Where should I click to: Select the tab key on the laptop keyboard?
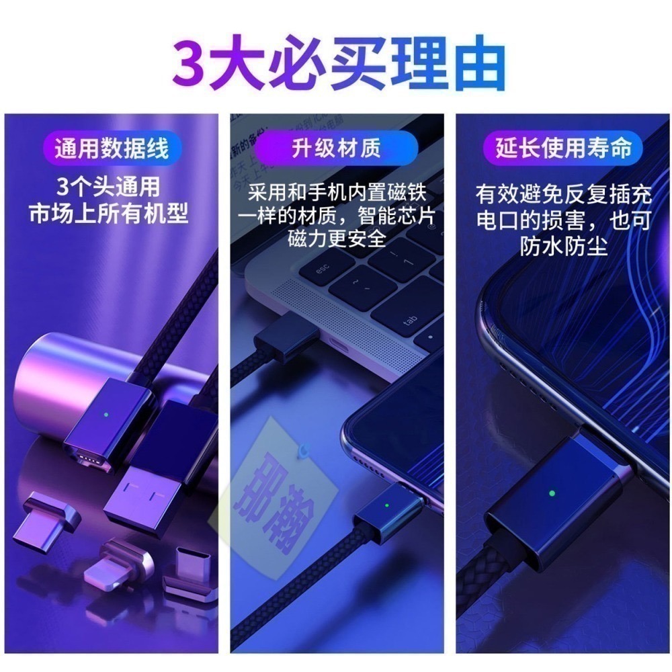[411, 321]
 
